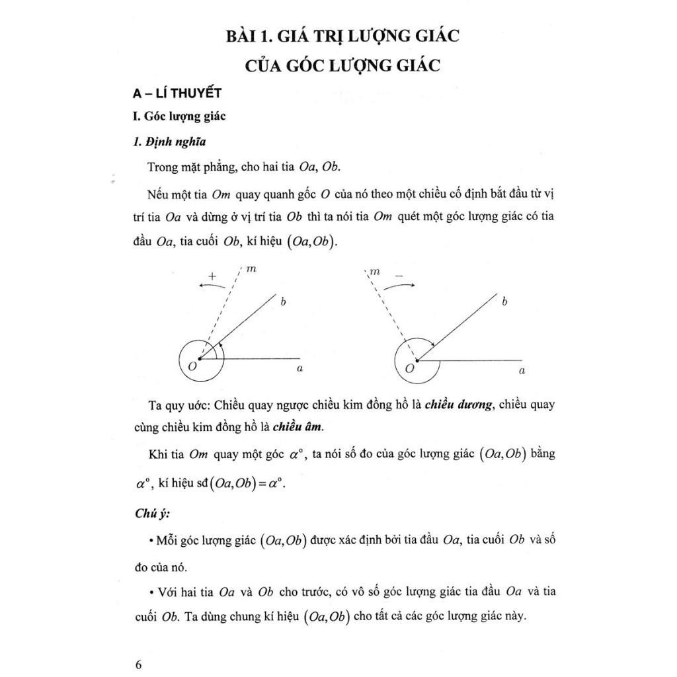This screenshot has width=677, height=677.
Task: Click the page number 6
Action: point(138,664)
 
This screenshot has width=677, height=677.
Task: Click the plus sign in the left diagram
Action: point(212,275)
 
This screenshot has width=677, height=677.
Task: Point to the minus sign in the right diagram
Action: point(399,274)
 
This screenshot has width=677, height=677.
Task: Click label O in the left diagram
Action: point(191,366)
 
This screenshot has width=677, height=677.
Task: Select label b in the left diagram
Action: point(283,302)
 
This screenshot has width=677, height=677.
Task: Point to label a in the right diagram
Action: point(522,371)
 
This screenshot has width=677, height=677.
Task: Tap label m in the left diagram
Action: point(251,269)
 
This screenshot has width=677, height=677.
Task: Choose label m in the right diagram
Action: point(375,271)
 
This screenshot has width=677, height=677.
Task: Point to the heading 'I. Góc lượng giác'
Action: point(179,116)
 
